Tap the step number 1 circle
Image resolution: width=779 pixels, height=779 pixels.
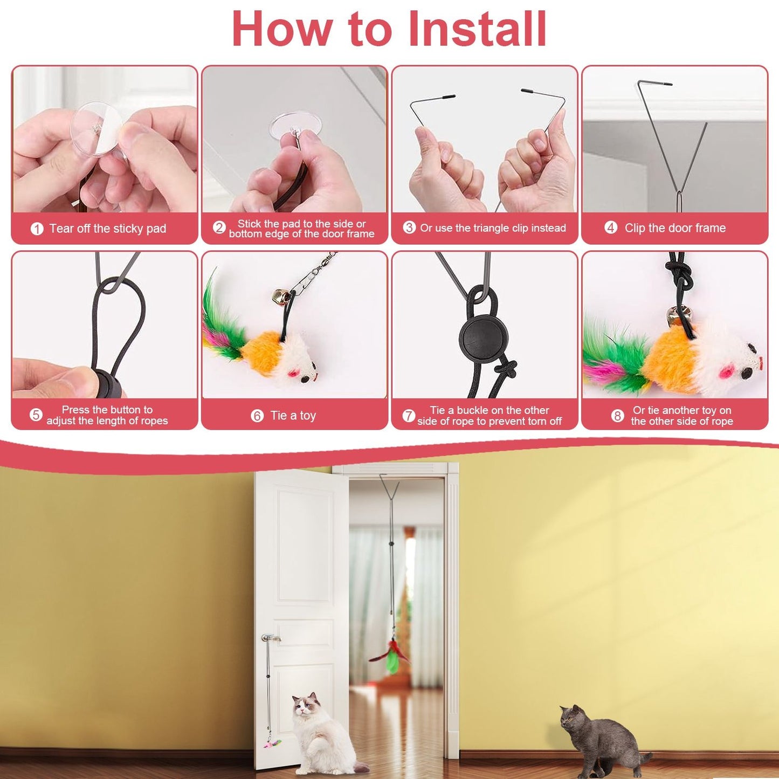(x=37, y=229)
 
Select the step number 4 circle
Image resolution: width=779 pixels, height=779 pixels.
(x=611, y=228)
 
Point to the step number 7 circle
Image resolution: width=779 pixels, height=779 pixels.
(x=409, y=416)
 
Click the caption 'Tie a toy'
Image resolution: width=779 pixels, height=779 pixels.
(x=293, y=416)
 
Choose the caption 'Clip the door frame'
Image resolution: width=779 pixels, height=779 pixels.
(x=675, y=228)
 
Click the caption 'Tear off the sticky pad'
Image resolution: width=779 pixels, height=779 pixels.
(x=108, y=229)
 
